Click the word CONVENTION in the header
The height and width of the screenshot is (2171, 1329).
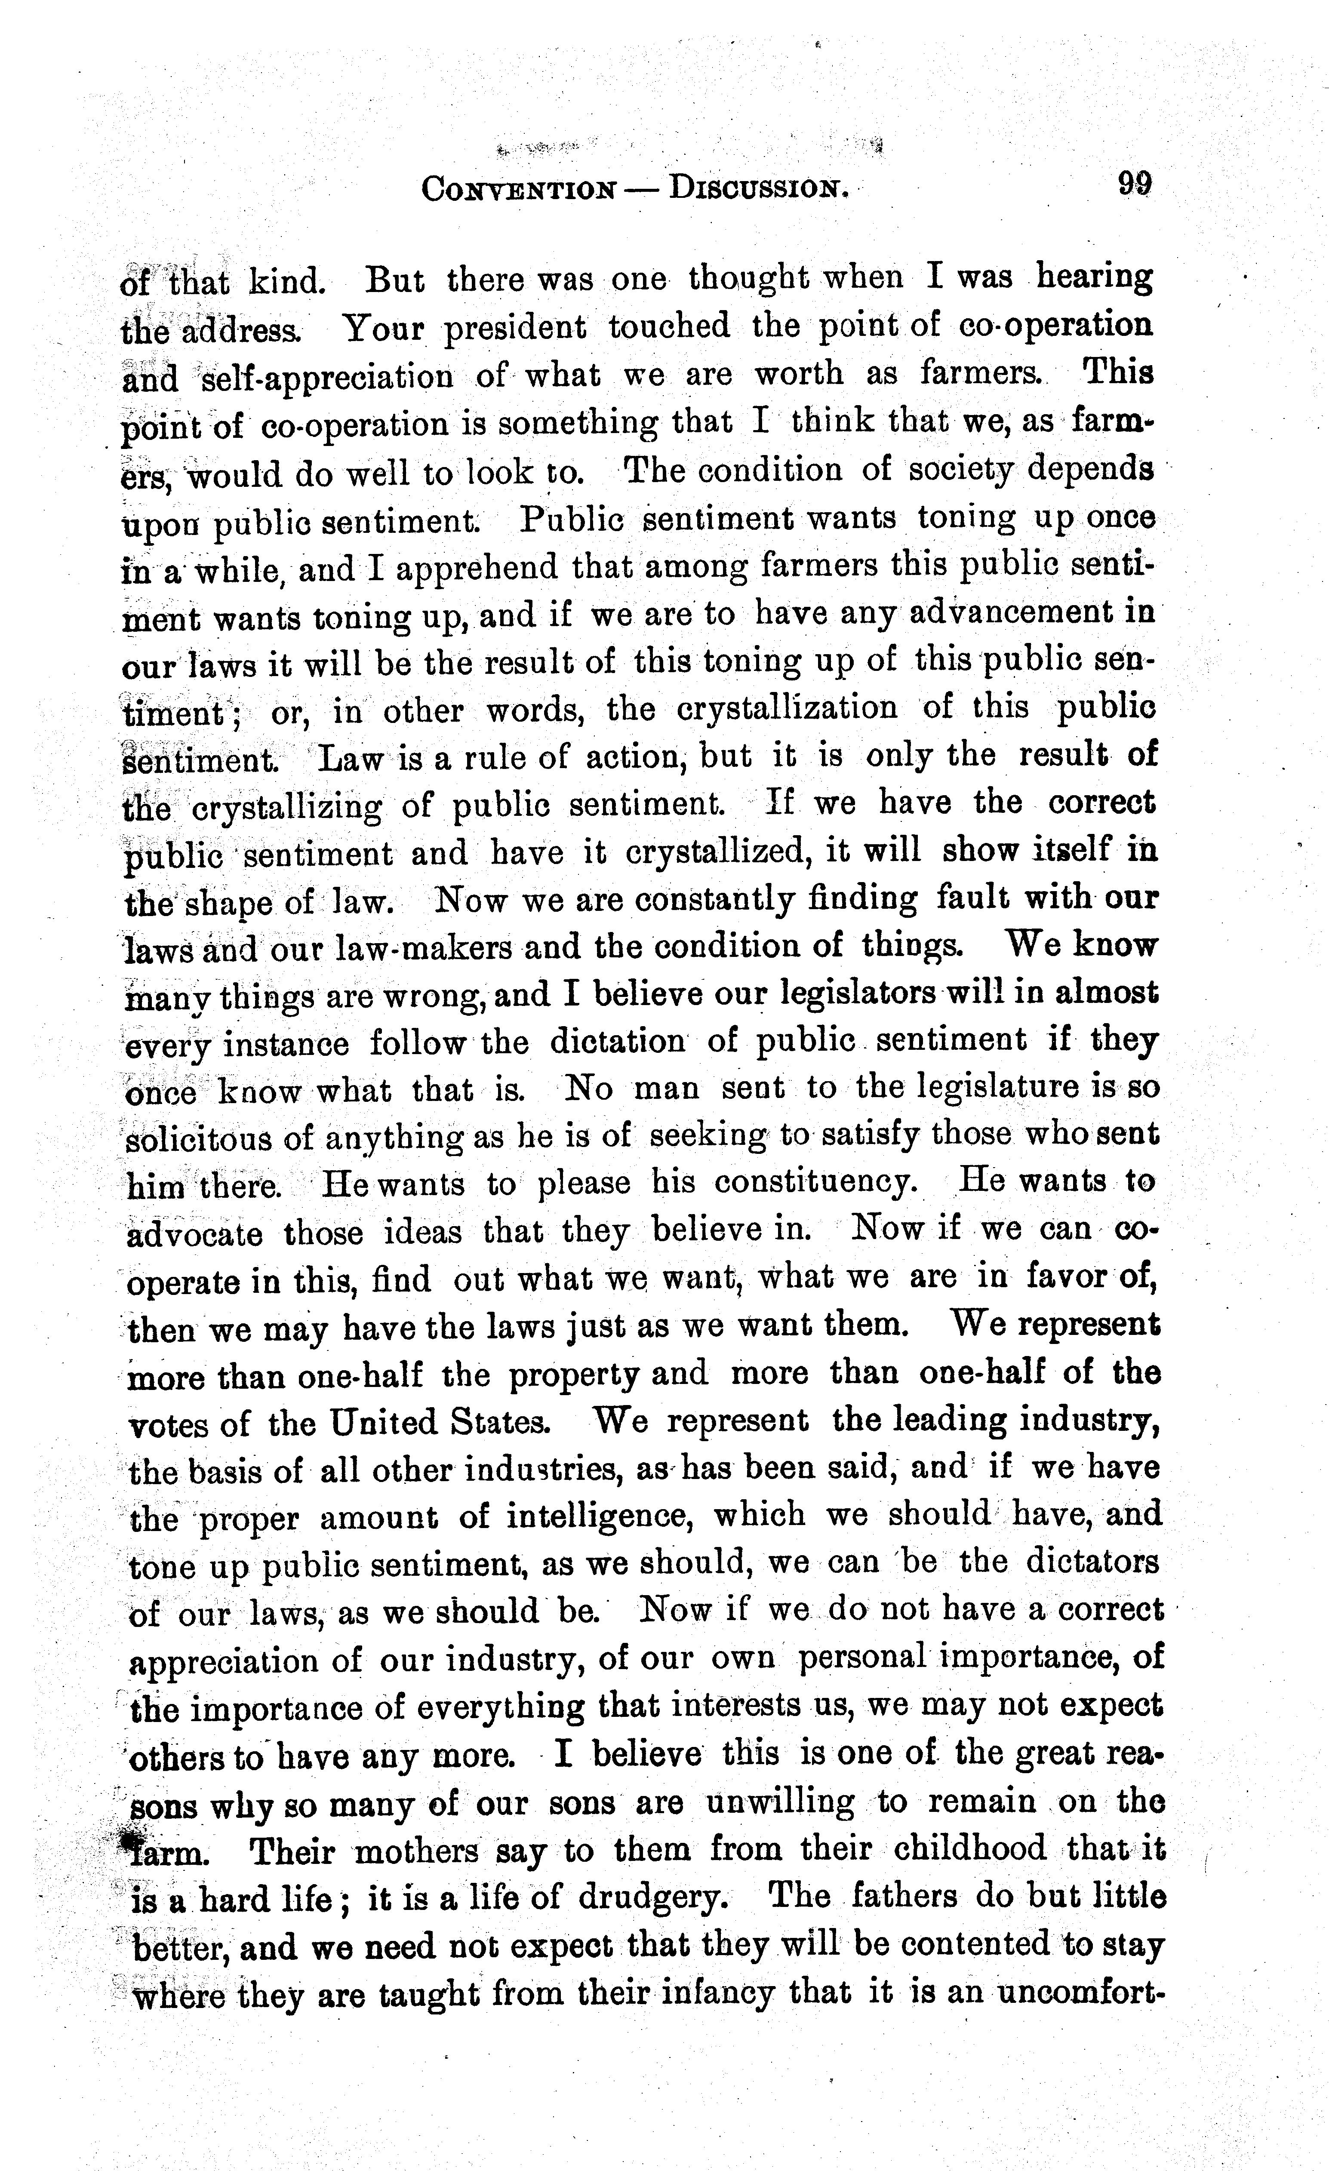518,188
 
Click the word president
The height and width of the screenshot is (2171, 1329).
514,328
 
